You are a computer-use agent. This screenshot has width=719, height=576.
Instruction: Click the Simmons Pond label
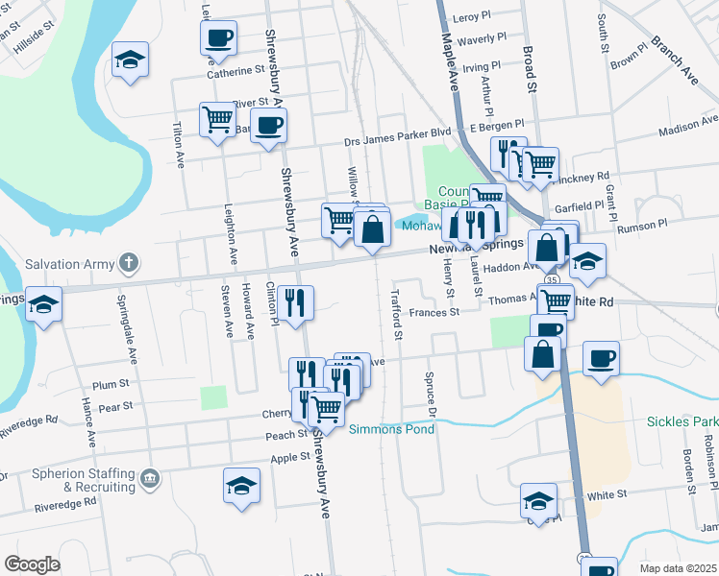391,429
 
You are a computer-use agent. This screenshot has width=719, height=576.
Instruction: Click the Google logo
32,564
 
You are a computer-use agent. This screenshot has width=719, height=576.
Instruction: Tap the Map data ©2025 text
678,568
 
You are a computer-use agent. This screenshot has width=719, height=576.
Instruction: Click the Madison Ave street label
689,129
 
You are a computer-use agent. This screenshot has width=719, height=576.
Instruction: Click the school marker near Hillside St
130,60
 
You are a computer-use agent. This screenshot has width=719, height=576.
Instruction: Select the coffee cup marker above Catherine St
218,38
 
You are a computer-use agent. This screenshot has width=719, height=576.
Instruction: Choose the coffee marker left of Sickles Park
601,359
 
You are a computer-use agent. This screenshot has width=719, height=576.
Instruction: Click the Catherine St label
236,70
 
